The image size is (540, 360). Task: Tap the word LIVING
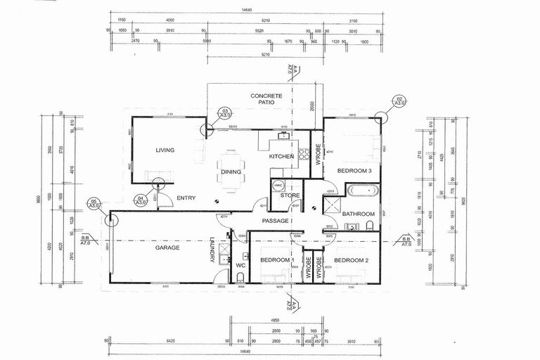(165, 150)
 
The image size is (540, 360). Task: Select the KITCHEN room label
(281, 156)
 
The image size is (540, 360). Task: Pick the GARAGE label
(167, 247)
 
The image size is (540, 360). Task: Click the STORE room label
(290, 195)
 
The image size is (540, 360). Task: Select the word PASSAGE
(275, 221)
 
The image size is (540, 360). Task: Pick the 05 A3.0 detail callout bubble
(110, 219)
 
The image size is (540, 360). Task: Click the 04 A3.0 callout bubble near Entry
(159, 185)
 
